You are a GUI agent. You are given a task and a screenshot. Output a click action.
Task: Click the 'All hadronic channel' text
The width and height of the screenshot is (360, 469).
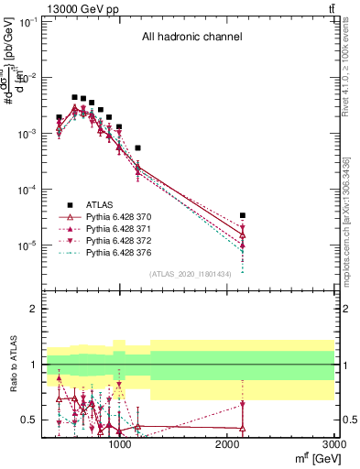pos(191,38)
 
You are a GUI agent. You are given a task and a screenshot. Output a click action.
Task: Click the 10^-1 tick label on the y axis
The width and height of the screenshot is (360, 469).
pos(27,21)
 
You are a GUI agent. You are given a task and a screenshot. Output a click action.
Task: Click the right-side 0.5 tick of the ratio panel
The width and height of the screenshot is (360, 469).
pos(347,420)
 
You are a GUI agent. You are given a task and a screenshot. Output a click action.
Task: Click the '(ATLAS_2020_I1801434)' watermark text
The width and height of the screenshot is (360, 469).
pos(191,273)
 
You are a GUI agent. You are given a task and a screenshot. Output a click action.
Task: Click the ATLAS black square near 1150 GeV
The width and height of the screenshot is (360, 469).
pos(137,147)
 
